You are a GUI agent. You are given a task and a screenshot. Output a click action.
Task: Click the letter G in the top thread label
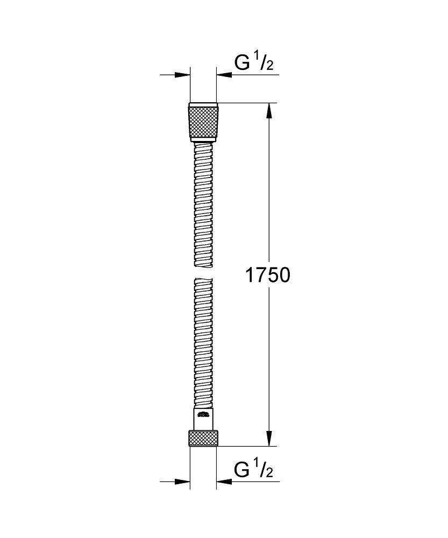point(243,63)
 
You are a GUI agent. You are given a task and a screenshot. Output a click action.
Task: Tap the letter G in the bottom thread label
point(243,470)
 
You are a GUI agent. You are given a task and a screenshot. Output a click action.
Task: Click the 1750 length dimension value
point(267,275)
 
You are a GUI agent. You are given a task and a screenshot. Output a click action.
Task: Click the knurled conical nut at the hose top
point(203,122)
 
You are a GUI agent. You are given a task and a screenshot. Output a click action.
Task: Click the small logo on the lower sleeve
point(203,415)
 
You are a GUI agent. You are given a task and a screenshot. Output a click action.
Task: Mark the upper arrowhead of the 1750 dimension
point(270,110)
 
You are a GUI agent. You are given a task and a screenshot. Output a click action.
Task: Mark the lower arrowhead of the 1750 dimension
point(270,439)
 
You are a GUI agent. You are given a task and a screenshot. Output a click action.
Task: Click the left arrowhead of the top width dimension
point(183,75)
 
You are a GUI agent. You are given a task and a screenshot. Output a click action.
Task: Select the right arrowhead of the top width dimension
point(223,75)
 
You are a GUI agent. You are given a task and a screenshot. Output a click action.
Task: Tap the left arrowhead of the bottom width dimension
point(183,482)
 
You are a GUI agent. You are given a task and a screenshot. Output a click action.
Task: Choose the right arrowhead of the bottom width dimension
point(223,482)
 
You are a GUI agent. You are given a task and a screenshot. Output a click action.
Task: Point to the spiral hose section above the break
point(203,204)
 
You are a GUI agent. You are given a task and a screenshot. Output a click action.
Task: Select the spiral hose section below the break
point(203,344)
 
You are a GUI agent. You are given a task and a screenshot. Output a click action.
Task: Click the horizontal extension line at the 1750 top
point(247,103)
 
